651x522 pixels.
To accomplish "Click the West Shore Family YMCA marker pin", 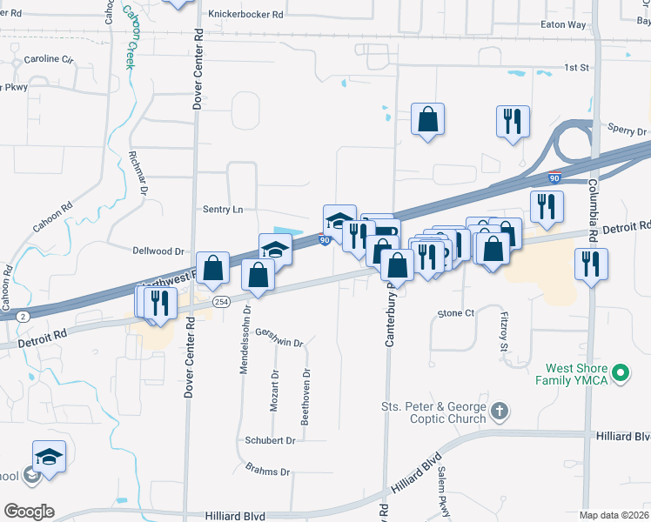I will point(621,374).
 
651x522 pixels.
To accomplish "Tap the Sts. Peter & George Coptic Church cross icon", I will point(500,410).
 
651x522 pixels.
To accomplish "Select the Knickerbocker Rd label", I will point(246,15).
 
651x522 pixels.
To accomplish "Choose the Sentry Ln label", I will point(223,210).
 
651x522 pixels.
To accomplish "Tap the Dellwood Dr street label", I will point(158,251).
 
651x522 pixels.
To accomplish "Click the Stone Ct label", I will point(455,313).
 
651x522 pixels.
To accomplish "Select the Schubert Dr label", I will point(270,440).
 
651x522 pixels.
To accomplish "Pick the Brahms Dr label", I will point(267,472).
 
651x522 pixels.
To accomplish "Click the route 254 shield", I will point(222,301).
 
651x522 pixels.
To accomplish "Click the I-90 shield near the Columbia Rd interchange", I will point(554,178).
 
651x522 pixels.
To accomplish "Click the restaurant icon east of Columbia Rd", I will point(592,263).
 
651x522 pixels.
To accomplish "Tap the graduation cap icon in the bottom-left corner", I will point(49,456).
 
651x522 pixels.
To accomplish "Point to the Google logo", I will point(28,511).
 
